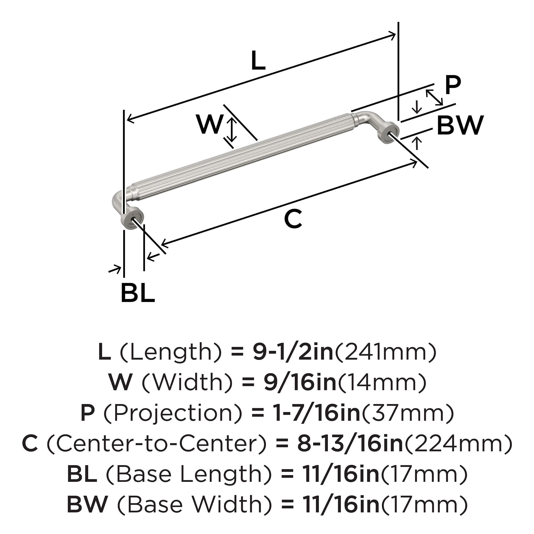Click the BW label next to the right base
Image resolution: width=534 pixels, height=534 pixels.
click(x=461, y=125)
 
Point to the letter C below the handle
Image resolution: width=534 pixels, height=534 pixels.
click(x=293, y=219)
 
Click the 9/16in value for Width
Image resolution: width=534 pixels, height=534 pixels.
click(x=300, y=383)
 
